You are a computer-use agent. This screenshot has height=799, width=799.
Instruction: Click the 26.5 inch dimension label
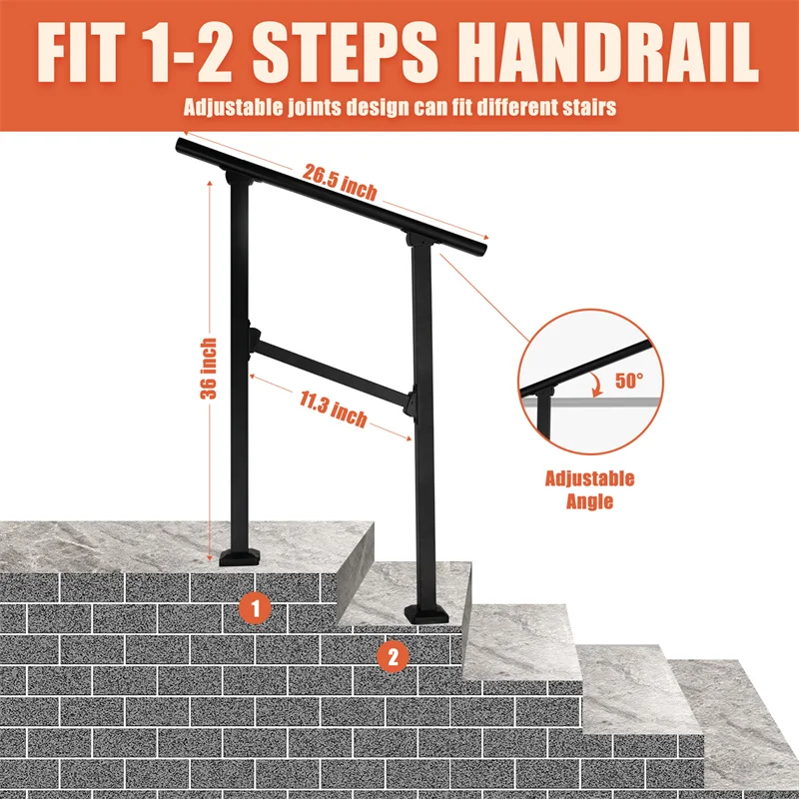click(341, 179)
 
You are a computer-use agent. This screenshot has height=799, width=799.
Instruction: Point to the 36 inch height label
click(209, 370)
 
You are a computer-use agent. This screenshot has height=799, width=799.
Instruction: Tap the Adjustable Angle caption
click(588, 490)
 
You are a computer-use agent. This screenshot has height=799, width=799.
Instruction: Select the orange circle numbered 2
click(394, 656)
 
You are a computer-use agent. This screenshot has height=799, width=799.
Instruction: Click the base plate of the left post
click(241, 554)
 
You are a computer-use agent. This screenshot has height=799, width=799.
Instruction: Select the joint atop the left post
click(239, 179)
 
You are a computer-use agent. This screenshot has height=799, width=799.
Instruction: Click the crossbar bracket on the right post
click(408, 399)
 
